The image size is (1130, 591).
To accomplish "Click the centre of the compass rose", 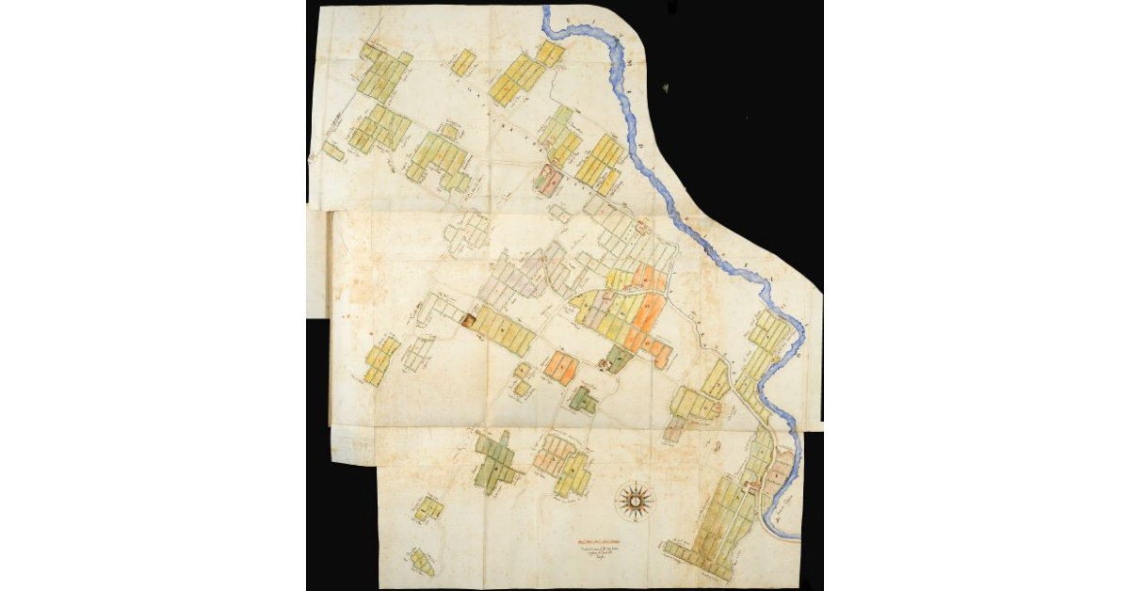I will [638, 500].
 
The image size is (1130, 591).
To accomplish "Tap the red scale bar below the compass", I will [603, 540].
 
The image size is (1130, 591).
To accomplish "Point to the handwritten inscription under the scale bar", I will [603, 552].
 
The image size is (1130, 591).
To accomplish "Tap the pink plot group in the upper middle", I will [547, 180].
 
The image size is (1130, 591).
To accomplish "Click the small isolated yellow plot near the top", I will [462, 63].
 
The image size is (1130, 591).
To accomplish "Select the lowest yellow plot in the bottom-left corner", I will [422, 565].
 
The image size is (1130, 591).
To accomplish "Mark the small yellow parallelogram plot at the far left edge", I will [332, 152].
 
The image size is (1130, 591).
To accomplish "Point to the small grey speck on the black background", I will [665, 88].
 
